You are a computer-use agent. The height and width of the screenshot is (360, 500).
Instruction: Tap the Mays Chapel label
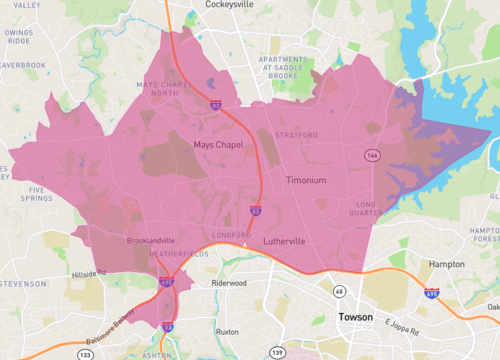(x=217, y=146)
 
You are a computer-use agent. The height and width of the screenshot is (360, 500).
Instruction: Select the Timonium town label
(x=306, y=180)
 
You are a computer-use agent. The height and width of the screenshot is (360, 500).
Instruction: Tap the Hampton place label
(x=446, y=264)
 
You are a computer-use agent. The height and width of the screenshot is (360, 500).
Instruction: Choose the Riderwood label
(x=229, y=283)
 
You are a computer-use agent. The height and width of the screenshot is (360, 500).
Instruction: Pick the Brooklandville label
(x=151, y=241)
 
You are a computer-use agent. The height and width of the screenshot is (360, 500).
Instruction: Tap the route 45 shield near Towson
(x=340, y=291)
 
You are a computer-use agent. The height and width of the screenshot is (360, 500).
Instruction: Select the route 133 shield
(x=85, y=353)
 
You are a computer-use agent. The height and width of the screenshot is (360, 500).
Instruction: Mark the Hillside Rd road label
(x=88, y=272)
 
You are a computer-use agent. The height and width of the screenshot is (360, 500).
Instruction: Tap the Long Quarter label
(x=373, y=208)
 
